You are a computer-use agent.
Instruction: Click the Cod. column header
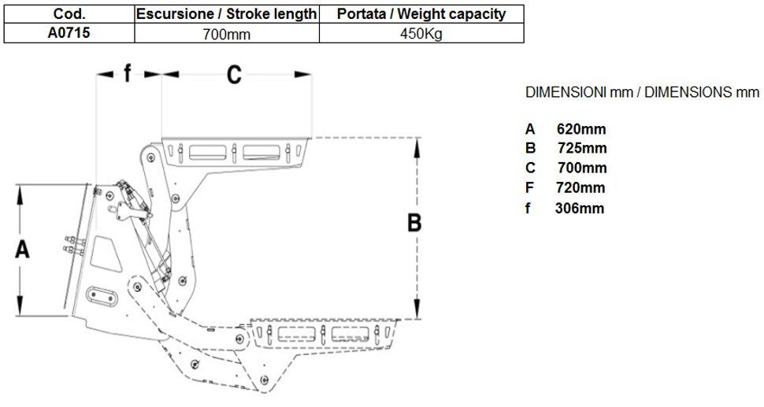pyautogui.click(x=69, y=14)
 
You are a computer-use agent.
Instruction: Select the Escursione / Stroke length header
pyautogui.click(x=227, y=14)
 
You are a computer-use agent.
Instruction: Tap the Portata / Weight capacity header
pyautogui.click(x=421, y=14)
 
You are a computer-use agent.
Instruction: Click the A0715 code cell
pyautogui.click(x=69, y=33)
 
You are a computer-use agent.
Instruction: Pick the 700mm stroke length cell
pyautogui.click(x=227, y=33)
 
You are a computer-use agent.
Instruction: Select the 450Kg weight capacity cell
pyautogui.click(x=421, y=33)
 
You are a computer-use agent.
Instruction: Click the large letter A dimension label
pyautogui.click(x=23, y=250)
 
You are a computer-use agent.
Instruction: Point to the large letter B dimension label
pyautogui.click(x=414, y=224)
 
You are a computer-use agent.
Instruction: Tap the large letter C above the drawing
pyautogui.click(x=234, y=75)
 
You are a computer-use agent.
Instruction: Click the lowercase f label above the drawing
pyautogui.click(x=127, y=74)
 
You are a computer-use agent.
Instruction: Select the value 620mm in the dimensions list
pyautogui.click(x=581, y=129)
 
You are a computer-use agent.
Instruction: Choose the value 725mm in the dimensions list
pyautogui.click(x=581, y=148)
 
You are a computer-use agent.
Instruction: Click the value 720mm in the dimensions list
pyautogui.click(x=581, y=187)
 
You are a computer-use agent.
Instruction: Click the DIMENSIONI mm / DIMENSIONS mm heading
pyautogui.click(x=641, y=92)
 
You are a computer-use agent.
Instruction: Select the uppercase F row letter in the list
pyautogui.click(x=530, y=187)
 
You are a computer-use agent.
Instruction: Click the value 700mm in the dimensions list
pyautogui.click(x=581, y=168)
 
